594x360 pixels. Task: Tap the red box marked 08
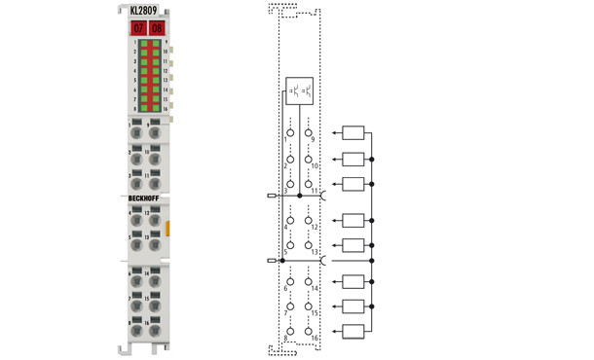pyautogui.click(x=157, y=28)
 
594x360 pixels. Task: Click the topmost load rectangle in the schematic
pyautogui.click(x=353, y=132)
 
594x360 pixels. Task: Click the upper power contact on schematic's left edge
pyautogui.click(x=271, y=196)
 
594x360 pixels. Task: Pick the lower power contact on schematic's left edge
pyautogui.click(x=271, y=261)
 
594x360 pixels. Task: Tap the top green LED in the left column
pyautogui.click(x=143, y=44)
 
